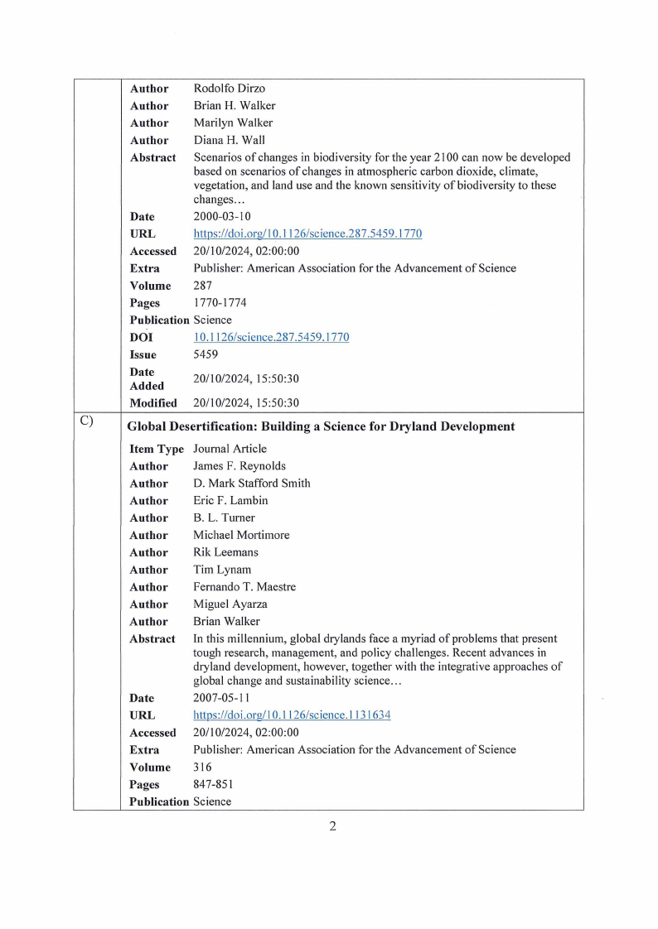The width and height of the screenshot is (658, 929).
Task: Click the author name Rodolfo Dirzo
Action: tap(230, 89)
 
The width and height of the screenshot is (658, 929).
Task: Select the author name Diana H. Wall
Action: tap(229, 140)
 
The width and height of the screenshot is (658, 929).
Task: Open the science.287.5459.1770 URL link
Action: tap(307, 234)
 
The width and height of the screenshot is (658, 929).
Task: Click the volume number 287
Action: tap(203, 286)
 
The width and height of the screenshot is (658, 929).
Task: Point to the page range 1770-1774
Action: tap(220, 303)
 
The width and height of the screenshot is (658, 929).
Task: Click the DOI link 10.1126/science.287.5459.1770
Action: tap(271, 337)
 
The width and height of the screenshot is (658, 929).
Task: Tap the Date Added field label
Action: tap(148, 379)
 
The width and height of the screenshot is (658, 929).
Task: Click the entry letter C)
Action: tap(90, 421)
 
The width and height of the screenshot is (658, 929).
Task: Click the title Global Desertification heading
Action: tap(321, 426)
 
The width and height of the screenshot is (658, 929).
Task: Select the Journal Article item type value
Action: tap(230, 449)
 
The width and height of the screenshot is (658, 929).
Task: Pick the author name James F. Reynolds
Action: tap(239, 466)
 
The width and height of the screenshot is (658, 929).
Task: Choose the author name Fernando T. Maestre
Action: tap(244, 587)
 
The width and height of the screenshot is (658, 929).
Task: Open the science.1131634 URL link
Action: tap(292, 715)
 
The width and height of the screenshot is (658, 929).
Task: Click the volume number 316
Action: tap(203, 768)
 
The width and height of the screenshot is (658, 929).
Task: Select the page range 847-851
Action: tap(213, 784)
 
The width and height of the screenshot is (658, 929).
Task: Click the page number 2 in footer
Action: tap(332, 826)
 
